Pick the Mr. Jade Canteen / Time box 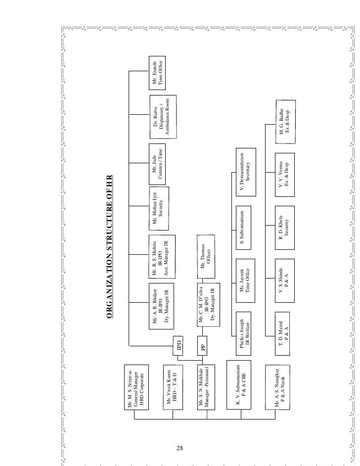(x=157, y=162)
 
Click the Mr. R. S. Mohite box (x=161, y=256)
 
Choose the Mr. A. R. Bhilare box (x=161, y=305)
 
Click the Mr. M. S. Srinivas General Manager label (x=135, y=388)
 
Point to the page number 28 (x=180, y=449)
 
